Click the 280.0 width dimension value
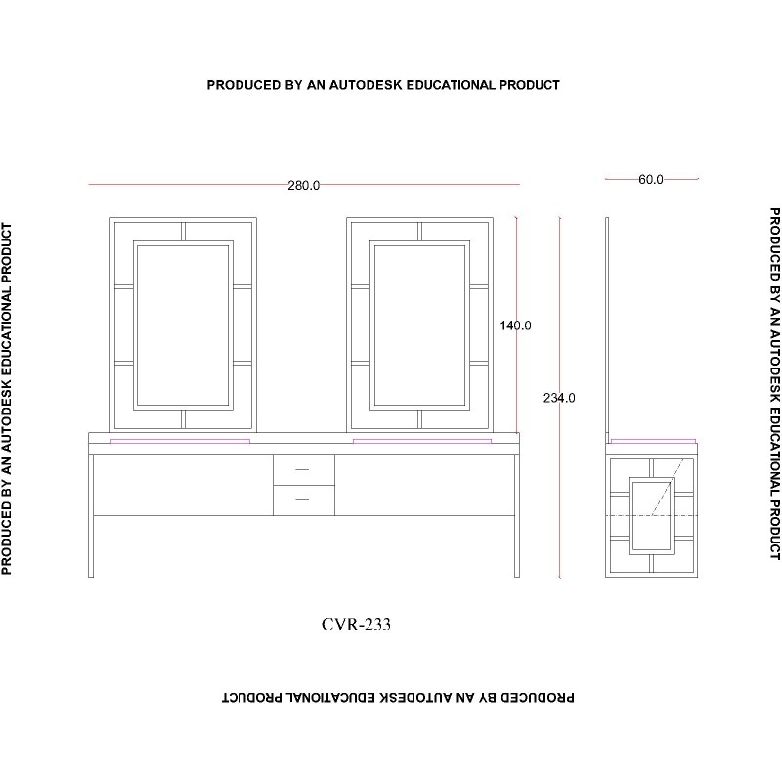click(304, 186)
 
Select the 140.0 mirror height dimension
click(516, 326)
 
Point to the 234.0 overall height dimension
click(559, 398)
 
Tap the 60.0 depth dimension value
click(651, 180)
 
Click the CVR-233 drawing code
click(356, 624)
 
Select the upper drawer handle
click(302, 470)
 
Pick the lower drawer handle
click(302, 499)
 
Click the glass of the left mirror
click(183, 326)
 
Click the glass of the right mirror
click(420, 326)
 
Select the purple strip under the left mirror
click(180, 442)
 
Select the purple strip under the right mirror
click(422, 442)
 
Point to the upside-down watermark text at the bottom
click(398, 697)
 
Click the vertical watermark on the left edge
click(7, 399)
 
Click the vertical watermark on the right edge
click(774, 384)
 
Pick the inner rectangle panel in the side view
click(651, 516)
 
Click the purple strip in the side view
click(653, 442)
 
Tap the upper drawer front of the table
click(304, 470)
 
